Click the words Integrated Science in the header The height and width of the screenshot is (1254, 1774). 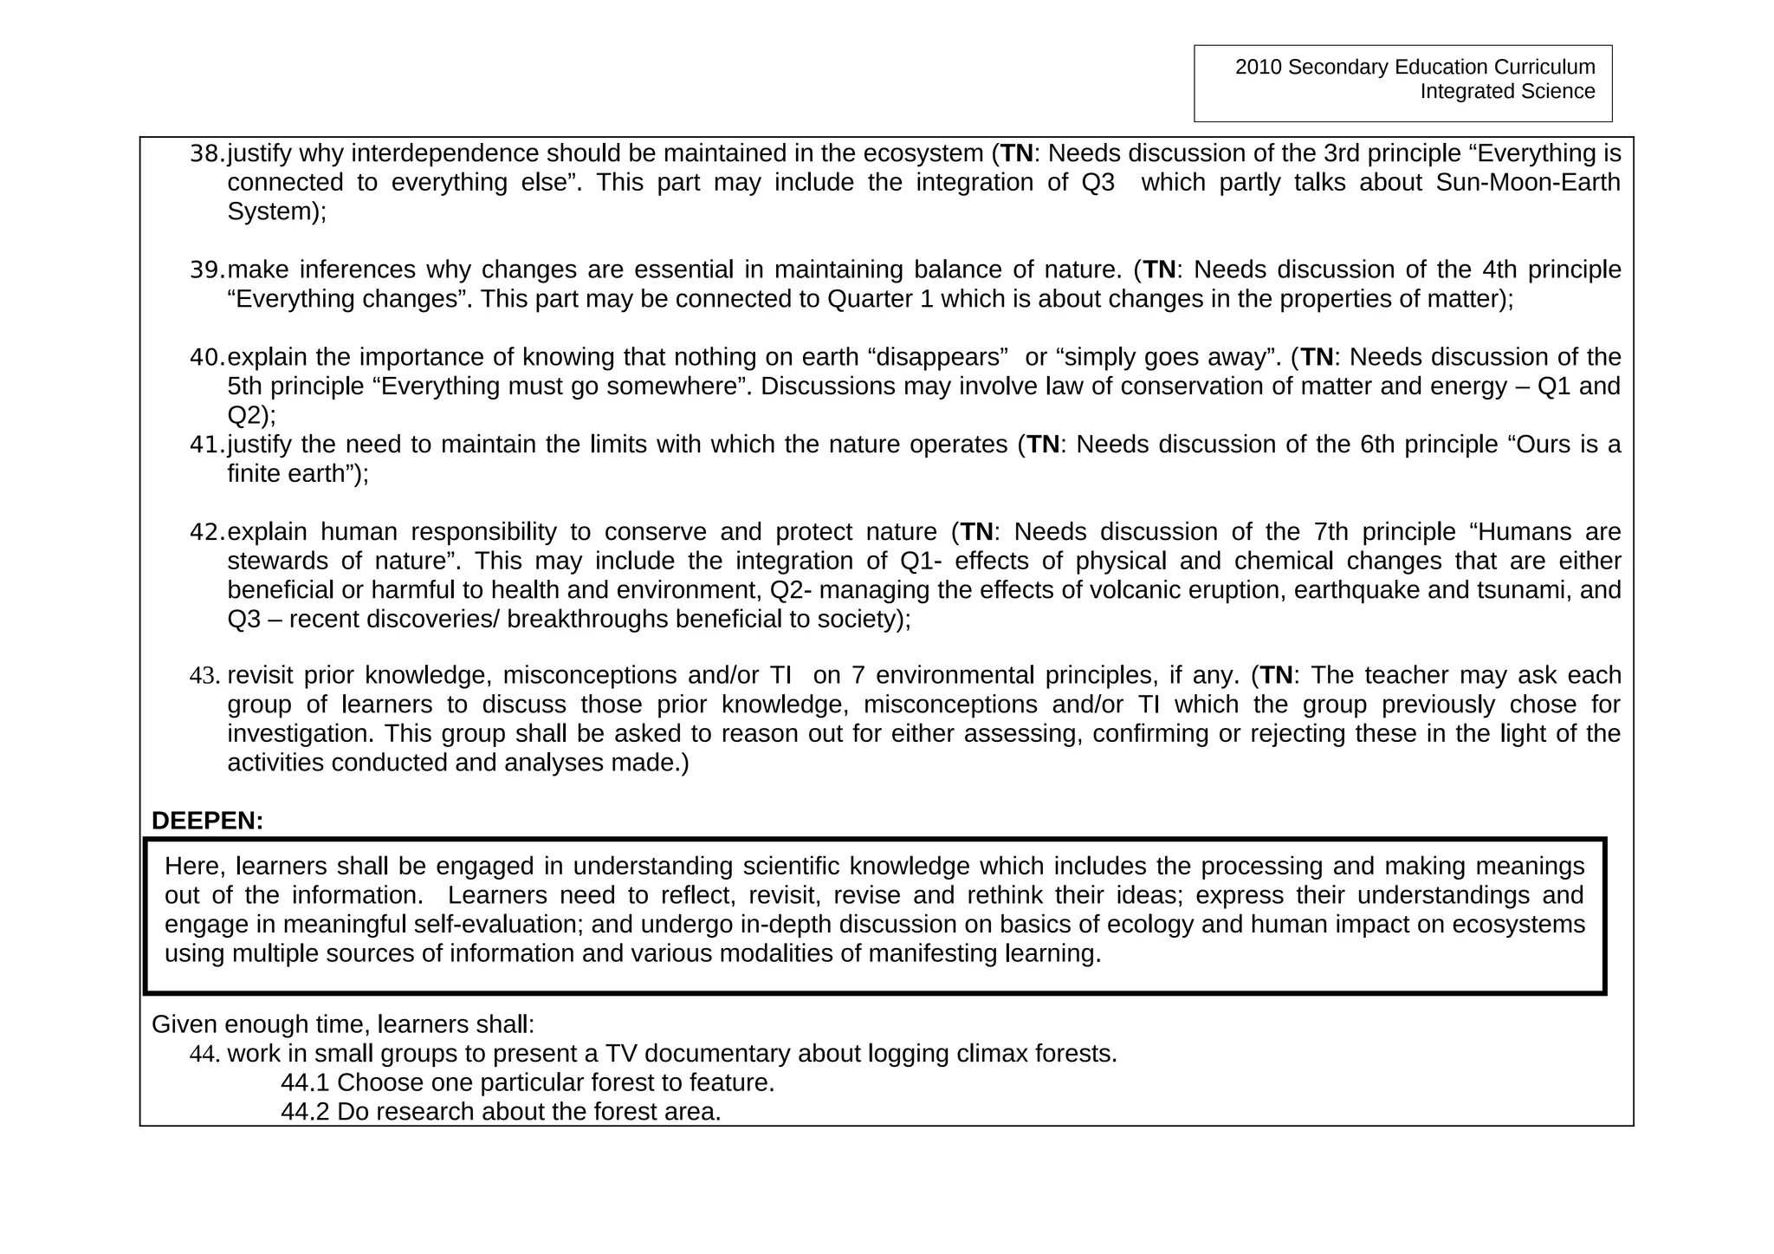[1506, 92]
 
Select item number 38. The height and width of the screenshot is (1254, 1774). [206, 153]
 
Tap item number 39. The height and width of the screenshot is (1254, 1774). [206, 270]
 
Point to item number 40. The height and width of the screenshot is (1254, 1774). [206, 357]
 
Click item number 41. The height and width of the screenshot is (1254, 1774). [206, 445]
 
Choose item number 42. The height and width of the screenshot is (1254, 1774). [206, 532]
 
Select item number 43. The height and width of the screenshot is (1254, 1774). [205, 675]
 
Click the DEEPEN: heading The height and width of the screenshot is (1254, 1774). [207, 821]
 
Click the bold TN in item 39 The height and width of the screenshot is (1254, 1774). [1159, 270]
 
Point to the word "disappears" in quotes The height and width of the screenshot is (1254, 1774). [938, 357]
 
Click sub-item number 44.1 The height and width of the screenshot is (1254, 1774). [305, 1083]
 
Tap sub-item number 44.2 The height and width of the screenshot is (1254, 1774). [305, 1112]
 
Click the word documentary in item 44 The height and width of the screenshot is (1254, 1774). [724, 1054]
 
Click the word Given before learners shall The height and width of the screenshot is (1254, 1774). [185, 1024]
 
